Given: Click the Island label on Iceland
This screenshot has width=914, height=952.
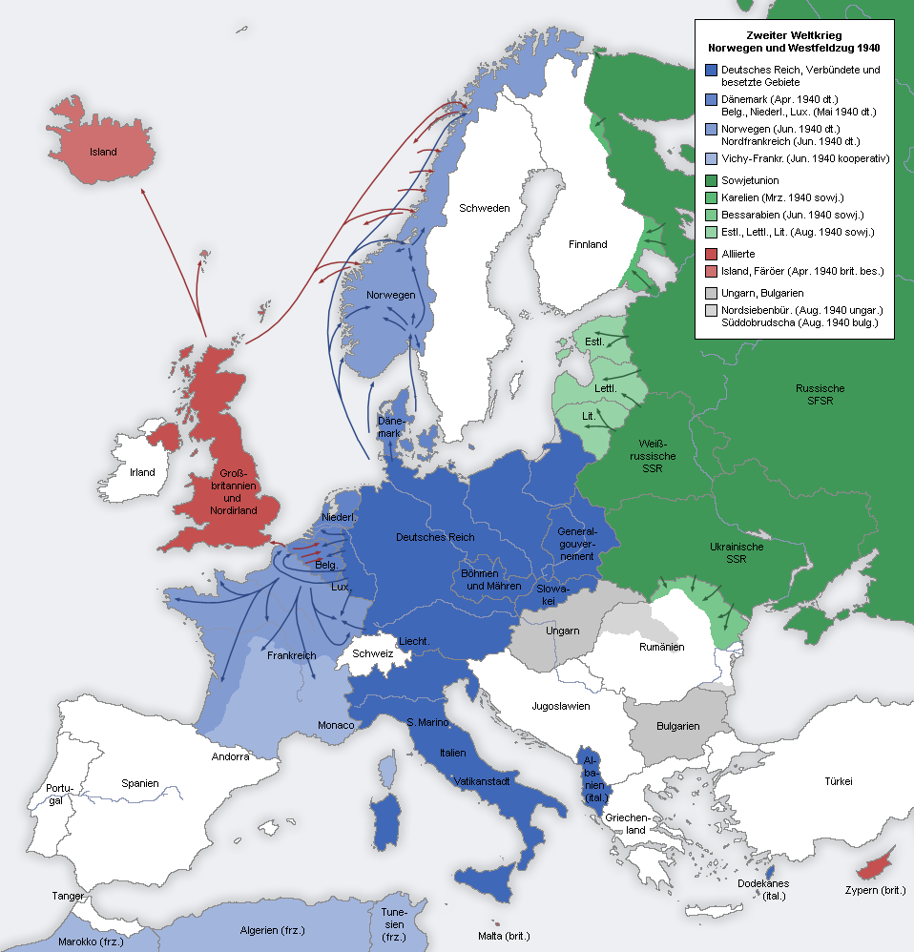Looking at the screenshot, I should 102,152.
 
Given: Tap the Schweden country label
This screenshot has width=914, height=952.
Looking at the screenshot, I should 484,208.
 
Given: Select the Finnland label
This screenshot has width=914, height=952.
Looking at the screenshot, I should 588,244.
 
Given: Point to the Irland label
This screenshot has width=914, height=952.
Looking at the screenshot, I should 142,472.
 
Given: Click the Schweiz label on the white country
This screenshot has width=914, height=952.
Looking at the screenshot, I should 372,653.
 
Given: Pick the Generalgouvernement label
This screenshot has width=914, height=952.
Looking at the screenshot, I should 576,544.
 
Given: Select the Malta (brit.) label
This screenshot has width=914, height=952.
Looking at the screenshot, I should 504,936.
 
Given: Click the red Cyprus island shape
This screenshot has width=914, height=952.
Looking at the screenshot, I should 872,869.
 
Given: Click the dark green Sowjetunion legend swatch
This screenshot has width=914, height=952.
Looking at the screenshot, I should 711,180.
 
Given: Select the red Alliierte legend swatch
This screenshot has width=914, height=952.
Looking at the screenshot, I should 711,254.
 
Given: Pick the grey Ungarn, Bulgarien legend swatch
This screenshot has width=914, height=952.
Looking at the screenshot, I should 711,293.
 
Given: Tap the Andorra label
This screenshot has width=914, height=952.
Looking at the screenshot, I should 230,756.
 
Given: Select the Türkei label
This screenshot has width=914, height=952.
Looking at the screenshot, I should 839,781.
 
